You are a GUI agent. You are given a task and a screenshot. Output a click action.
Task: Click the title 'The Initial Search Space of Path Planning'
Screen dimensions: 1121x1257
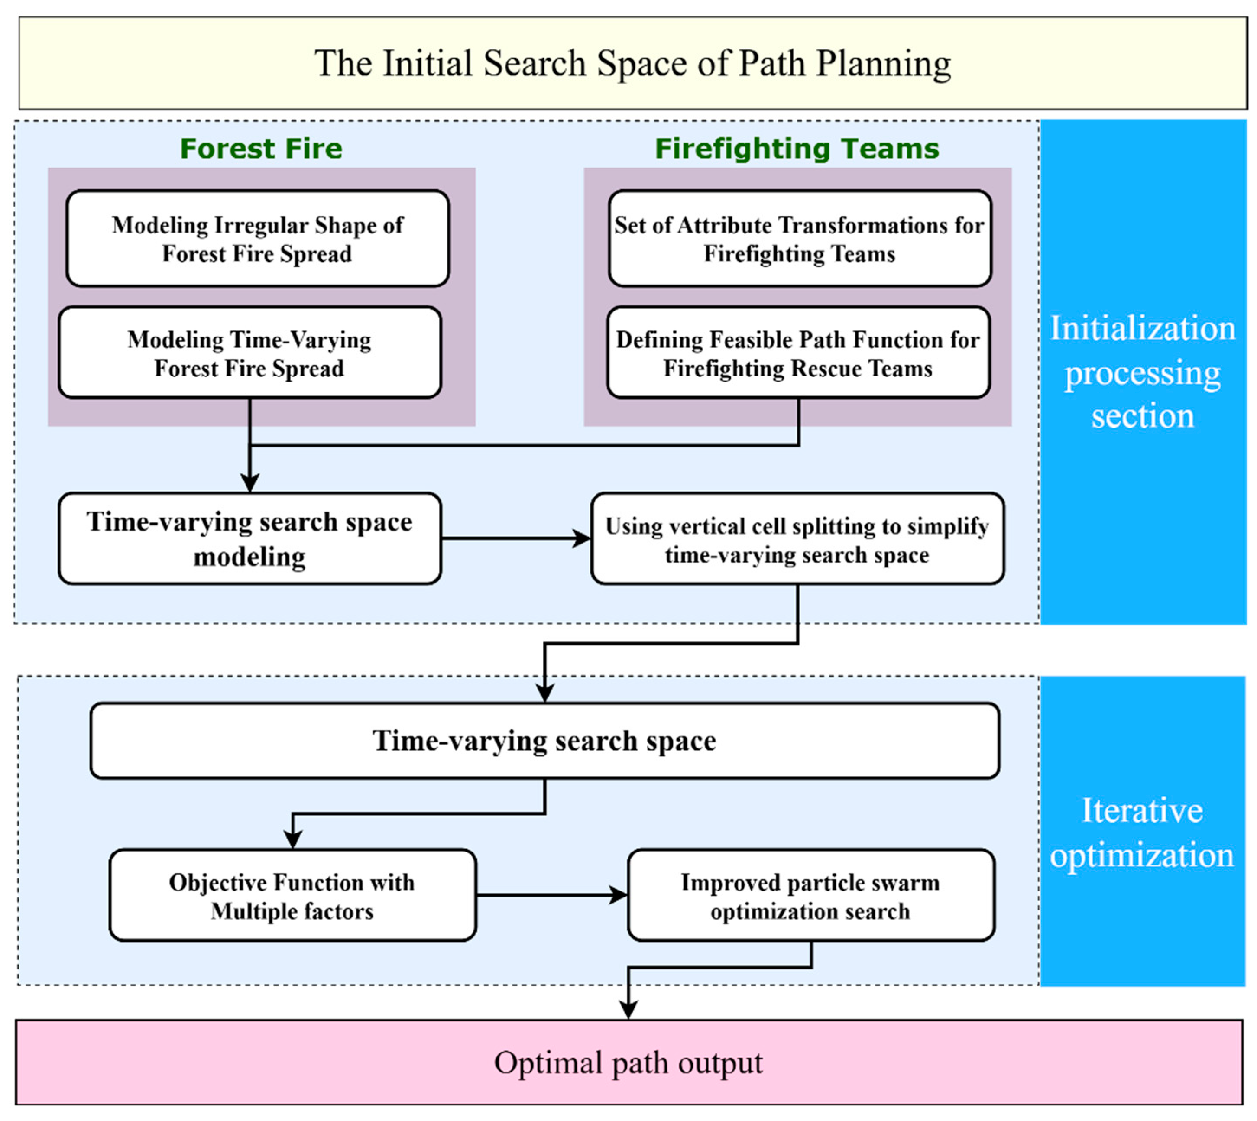click(632, 63)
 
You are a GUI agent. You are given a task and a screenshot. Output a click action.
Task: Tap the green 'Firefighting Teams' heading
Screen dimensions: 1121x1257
click(797, 149)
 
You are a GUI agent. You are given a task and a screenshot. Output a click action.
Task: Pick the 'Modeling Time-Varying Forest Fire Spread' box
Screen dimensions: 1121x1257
click(249, 353)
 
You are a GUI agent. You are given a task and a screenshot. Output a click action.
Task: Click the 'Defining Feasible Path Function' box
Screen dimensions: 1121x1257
click(798, 353)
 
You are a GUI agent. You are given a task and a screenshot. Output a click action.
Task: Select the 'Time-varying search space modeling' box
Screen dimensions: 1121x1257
click(249, 539)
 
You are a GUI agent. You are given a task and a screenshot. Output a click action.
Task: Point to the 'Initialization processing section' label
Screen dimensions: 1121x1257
click(1143, 372)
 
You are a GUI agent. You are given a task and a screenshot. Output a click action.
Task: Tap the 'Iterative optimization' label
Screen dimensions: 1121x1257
click(1143, 832)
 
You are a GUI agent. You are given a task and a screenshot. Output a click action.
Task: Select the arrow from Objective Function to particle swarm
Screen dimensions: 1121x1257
click(551, 895)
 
